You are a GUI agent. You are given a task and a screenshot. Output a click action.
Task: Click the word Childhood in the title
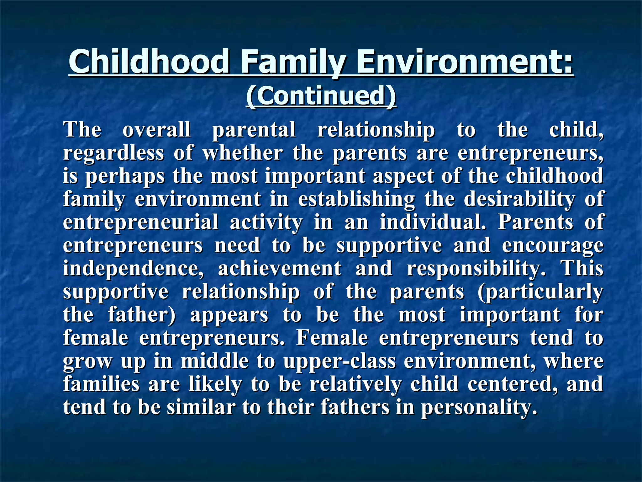pyautogui.click(x=149, y=61)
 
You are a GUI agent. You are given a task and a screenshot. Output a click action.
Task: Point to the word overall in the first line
pyautogui.click(x=156, y=130)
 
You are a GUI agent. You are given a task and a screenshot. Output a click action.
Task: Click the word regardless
pyautogui.click(x=113, y=153)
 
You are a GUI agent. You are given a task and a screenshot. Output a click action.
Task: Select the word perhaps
pyautogui.click(x=125, y=176)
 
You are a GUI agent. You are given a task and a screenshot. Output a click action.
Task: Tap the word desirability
pyautogui.click(x=519, y=199)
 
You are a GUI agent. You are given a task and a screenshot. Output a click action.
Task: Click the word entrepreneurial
pyautogui.click(x=141, y=222)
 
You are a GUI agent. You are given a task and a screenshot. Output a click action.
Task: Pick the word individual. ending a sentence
pyautogui.click(x=433, y=222)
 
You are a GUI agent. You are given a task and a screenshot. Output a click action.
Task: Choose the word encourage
pyautogui.click(x=553, y=246)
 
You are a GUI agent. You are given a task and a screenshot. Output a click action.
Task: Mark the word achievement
pyautogui.click(x=280, y=269)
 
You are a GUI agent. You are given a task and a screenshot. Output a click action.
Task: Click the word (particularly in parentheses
pyautogui.click(x=540, y=292)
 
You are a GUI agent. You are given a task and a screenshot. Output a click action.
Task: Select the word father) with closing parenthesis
pyautogui.click(x=142, y=315)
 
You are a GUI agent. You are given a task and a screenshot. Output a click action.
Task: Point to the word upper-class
pyautogui.click(x=340, y=361)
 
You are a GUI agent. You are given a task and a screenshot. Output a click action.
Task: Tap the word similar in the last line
pyautogui.click(x=201, y=407)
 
